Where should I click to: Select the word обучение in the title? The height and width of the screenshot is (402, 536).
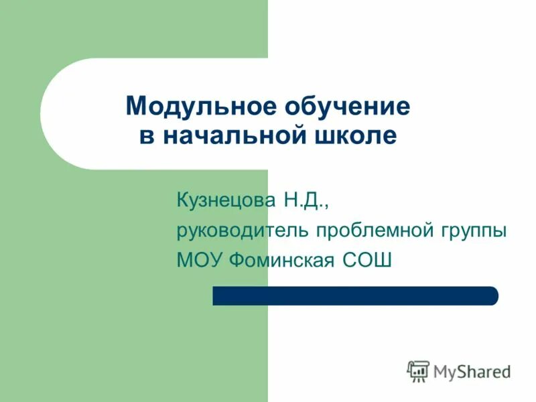[348, 107]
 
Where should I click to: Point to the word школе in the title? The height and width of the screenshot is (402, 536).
[355, 136]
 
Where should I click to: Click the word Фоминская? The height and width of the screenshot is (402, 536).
[281, 260]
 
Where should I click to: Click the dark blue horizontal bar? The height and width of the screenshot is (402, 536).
[355, 295]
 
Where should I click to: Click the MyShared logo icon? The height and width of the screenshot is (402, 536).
[418, 371]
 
